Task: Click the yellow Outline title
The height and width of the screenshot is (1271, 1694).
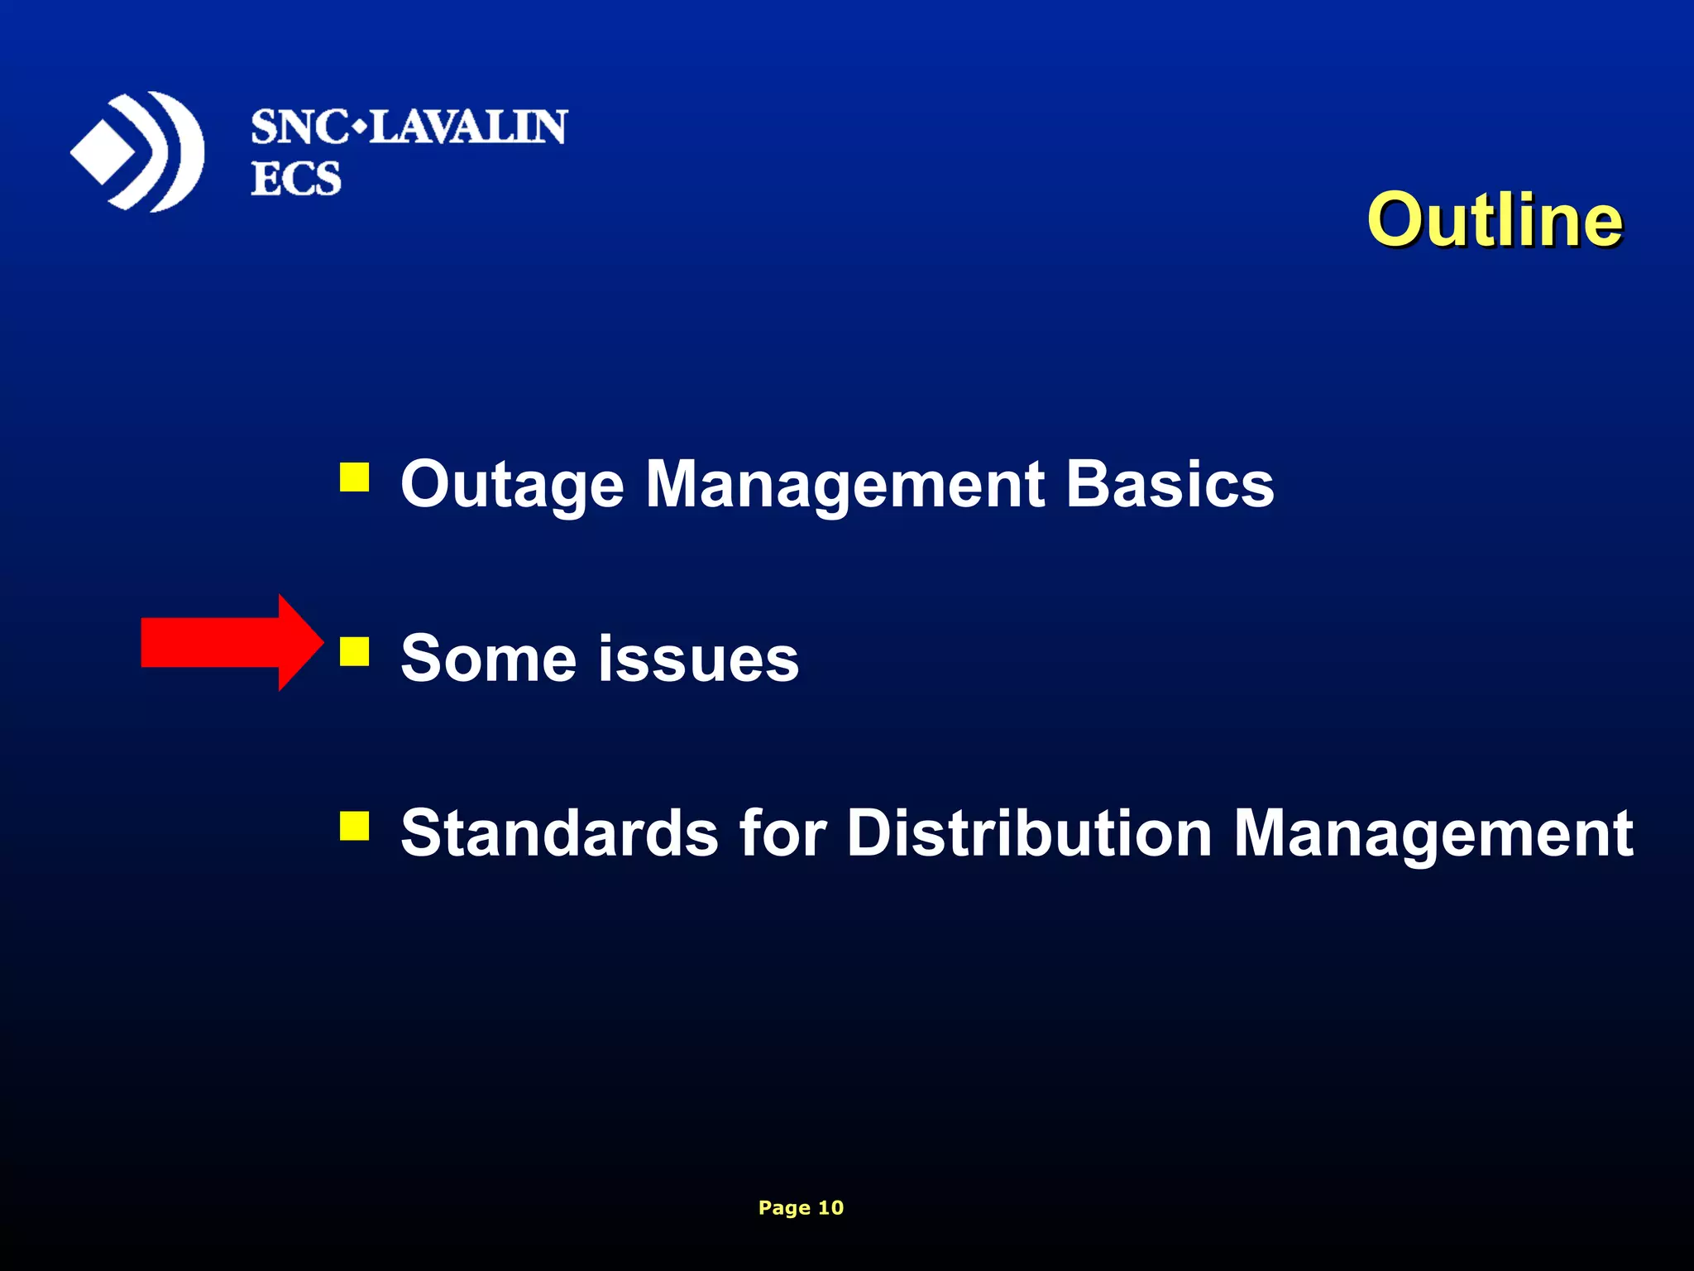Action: pos(1494,220)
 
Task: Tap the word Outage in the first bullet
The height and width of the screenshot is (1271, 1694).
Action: pos(512,485)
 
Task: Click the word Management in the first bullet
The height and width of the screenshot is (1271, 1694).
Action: pos(845,485)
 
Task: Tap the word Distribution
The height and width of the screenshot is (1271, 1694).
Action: pos(1029,832)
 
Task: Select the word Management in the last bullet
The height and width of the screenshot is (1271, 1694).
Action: pos(1433,834)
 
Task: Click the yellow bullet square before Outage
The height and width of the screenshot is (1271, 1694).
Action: pos(354,477)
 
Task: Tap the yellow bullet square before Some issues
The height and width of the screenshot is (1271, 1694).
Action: pos(354,651)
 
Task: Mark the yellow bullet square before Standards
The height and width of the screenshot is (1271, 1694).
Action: pos(354,825)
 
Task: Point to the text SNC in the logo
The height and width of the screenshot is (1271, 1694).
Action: pos(299,128)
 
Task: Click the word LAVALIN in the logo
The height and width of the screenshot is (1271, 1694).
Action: pos(467,128)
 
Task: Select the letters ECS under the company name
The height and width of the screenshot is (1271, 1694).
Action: pos(295,179)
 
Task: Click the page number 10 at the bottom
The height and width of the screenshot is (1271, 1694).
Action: pos(830,1207)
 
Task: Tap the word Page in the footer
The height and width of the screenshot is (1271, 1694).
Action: pos(783,1208)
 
